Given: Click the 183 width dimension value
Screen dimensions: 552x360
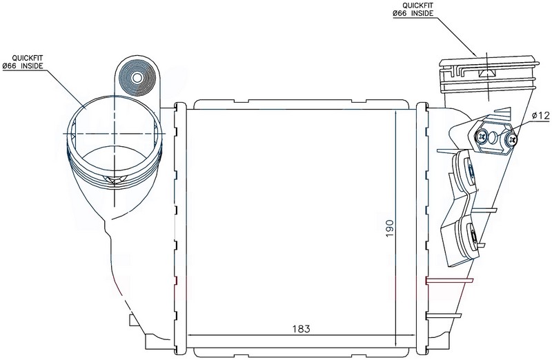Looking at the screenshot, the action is [x=302, y=329].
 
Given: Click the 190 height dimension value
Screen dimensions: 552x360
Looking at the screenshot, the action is [x=389, y=228].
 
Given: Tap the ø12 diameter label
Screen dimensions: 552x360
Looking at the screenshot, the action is [x=541, y=115].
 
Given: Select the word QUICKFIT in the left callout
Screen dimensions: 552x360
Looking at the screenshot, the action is [x=23, y=58].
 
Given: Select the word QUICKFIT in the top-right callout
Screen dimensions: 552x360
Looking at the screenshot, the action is [x=413, y=6].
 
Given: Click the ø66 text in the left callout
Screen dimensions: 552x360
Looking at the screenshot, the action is [x=9, y=66].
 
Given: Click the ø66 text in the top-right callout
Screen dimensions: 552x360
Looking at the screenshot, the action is [x=400, y=14].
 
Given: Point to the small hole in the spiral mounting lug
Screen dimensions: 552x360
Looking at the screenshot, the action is [x=137, y=78].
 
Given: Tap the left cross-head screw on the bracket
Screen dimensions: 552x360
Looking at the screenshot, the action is [x=482, y=135].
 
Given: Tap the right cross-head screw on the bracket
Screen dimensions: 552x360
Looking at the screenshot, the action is [x=511, y=140].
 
